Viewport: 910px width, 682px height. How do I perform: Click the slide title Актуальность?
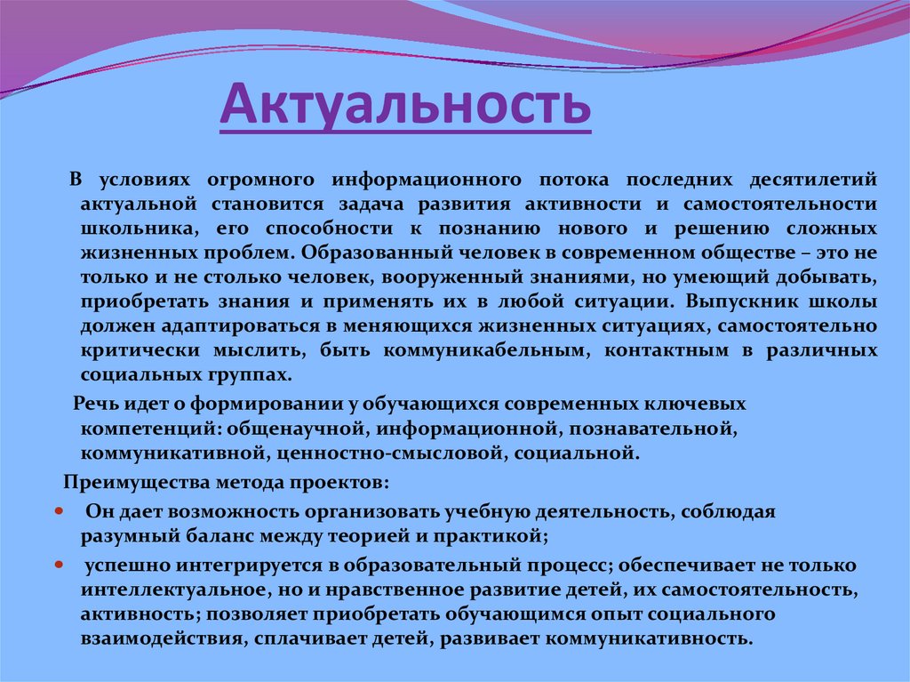click(x=405, y=104)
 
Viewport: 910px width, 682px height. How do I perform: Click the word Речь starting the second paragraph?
click(x=92, y=404)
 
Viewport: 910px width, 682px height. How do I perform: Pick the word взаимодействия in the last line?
click(x=156, y=638)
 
